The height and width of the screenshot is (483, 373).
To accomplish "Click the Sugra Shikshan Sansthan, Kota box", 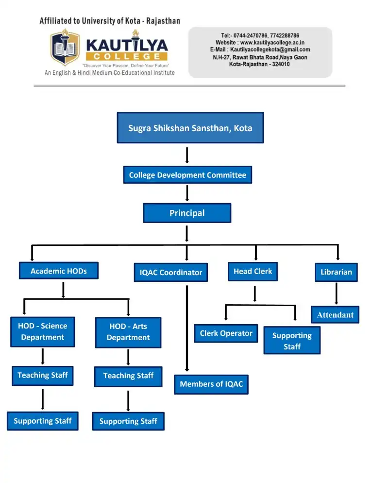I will [190, 128].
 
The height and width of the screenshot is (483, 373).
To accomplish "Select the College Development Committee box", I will [187, 175].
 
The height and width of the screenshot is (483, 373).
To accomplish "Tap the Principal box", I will [187, 213].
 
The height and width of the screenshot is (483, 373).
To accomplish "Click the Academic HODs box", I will [58, 271].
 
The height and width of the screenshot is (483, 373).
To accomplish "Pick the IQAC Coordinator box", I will [170, 273].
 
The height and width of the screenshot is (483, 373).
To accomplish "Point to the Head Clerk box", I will [253, 271].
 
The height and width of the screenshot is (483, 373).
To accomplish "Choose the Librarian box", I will [336, 272].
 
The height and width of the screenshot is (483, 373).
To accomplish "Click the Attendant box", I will [335, 315].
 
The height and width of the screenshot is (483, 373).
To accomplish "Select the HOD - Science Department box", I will [43, 332].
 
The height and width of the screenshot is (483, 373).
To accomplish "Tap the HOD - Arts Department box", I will [128, 332].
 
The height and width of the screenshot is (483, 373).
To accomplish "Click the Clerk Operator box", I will [226, 333].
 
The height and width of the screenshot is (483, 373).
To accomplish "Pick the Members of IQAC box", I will [211, 384].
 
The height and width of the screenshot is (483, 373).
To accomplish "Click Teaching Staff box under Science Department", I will [43, 375].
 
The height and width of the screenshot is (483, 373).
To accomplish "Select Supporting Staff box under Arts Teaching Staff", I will [128, 421].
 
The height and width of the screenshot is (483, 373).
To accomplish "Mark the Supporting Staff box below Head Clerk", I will [292, 341].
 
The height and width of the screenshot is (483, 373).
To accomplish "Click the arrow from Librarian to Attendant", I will [336, 293].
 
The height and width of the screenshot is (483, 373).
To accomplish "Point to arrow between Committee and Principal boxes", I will [187, 193].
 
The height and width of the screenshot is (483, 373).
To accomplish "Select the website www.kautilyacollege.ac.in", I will [272, 43].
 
